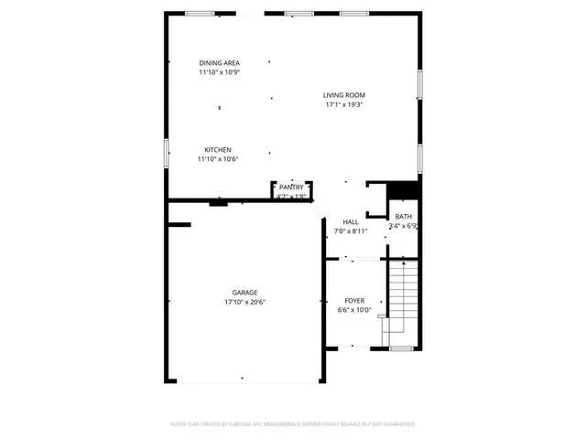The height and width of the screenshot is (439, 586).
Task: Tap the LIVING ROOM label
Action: pos(343,95)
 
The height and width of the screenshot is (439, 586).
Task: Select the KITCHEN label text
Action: pos(217,149)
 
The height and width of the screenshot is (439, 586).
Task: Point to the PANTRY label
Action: pos(291,187)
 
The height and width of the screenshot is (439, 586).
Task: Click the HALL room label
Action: pos(350,221)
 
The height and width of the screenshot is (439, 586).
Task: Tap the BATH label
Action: pos(403,217)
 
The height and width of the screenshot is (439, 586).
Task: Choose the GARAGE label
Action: pos(244,293)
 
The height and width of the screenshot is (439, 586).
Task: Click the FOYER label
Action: pos(354,301)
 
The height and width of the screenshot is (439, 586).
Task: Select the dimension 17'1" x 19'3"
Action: pos(344,104)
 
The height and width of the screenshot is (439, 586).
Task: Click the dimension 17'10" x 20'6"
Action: pos(244,302)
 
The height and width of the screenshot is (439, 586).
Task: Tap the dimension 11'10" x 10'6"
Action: pos(217,158)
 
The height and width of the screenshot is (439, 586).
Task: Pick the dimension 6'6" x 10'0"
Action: pos(354,310)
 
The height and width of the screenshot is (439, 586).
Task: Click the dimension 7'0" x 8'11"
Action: pos(350,230)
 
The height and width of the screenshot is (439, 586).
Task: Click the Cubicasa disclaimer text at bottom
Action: pos(292,424)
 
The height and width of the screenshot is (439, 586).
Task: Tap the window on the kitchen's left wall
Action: pos(167,153)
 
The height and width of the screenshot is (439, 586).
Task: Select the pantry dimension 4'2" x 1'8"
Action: pos(291,196)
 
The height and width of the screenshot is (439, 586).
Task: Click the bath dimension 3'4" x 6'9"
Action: pos(404,226)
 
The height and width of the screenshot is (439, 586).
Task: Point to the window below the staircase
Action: pos(400,348)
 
